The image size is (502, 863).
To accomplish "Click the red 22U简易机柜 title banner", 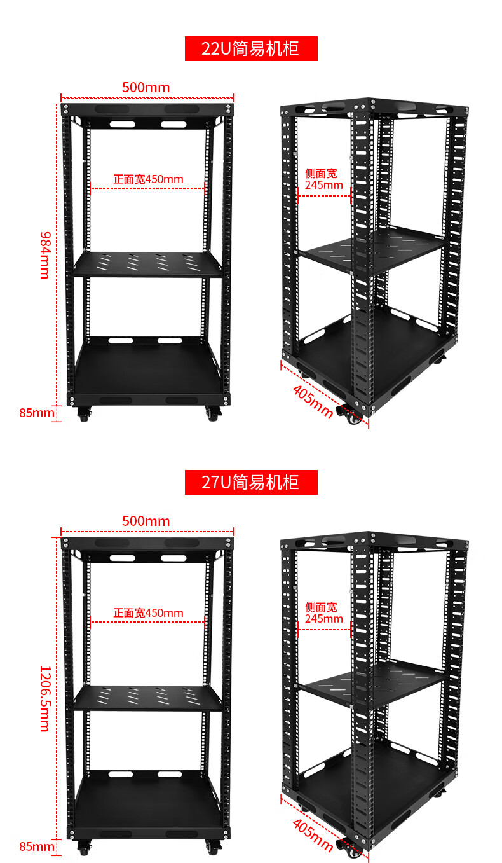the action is pyautogui.click(x=251, y=48).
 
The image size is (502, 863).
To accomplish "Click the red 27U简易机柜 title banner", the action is pyautogui.click(x=251, y=482).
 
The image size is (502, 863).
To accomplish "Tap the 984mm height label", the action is pyautogui.click(x=45, y=255).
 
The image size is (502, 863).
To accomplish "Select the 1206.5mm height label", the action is pyautogui.click(x=45, y=698).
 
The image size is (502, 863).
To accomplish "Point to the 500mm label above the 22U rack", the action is pyautogui.click(x=146, y=88).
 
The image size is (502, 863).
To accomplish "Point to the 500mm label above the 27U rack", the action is pyautogui.click(x=146, y=521).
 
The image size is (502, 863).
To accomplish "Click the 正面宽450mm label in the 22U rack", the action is pyautogui.click(x=148, y=179).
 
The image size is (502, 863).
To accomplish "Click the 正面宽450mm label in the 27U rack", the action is pyautogui.click(x=148, y=612).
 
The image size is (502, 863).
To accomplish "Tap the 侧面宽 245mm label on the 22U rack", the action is pyautogui.click(x=324, y=179).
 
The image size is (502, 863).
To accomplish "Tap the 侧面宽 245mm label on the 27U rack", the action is pyautogui.click(x=324, y=612).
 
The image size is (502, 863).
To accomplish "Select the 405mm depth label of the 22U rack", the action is pyautogui.click(x=313, y=401).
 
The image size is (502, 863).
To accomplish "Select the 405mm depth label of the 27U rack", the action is pyautogui.click(x=313, y=835).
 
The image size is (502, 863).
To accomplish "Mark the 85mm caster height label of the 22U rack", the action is pyautogui.click(x=37, y=413).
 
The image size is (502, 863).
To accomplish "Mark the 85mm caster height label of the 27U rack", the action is pyautogui.click(x=37, y=846).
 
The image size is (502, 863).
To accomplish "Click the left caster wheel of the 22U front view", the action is pyautogui.click(x=83, y=414).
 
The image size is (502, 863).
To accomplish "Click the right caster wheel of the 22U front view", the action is pyautogui.click(x=213, y=414).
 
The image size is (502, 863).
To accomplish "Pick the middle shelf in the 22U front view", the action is pyautogui.click(x=148, y=265).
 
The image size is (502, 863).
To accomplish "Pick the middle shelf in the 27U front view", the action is pyautogui.click(x=148, y=698).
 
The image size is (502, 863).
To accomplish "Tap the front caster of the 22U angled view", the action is pyautogui.click(x=350, y=415).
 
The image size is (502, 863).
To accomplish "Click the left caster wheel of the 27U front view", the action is pyautogui.click(x=83, y=848).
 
